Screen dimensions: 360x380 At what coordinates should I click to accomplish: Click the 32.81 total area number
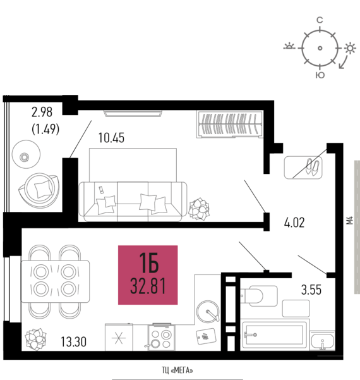[x=148, y=286]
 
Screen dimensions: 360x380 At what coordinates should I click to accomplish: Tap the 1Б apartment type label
[x=149, y=262]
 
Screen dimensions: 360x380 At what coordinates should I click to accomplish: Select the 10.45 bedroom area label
[x=111, y=138]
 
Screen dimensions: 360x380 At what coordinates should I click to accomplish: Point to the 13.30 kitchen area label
[x=73, y=341]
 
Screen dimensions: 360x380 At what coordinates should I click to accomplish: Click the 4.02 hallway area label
[x=294, y=223]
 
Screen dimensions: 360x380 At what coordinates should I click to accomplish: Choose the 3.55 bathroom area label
[x=311, y=290]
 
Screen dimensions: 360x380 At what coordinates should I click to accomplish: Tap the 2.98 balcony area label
[x=42, y=112]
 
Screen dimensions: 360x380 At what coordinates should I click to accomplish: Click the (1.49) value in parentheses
[x=45, y=129]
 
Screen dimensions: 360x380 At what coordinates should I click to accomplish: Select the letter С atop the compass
[x=320, y=20]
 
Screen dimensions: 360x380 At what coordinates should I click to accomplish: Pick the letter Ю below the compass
[x=320, y=75]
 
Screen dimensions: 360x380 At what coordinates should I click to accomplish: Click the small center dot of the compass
[x=320, y=48]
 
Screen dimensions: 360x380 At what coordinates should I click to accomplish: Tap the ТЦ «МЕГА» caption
[x=177, y=371]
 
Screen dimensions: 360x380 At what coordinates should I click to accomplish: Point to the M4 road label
[x=350, y=220]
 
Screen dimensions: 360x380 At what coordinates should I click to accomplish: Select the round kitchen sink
[x=208, y=312]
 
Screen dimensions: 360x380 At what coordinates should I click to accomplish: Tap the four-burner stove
[x=161, y=337]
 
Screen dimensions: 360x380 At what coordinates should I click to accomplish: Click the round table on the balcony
[x=26, y=154]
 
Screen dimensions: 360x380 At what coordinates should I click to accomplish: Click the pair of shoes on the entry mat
[x=312, y=167]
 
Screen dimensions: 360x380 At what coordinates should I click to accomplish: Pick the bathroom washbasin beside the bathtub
[x=322, y=341]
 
